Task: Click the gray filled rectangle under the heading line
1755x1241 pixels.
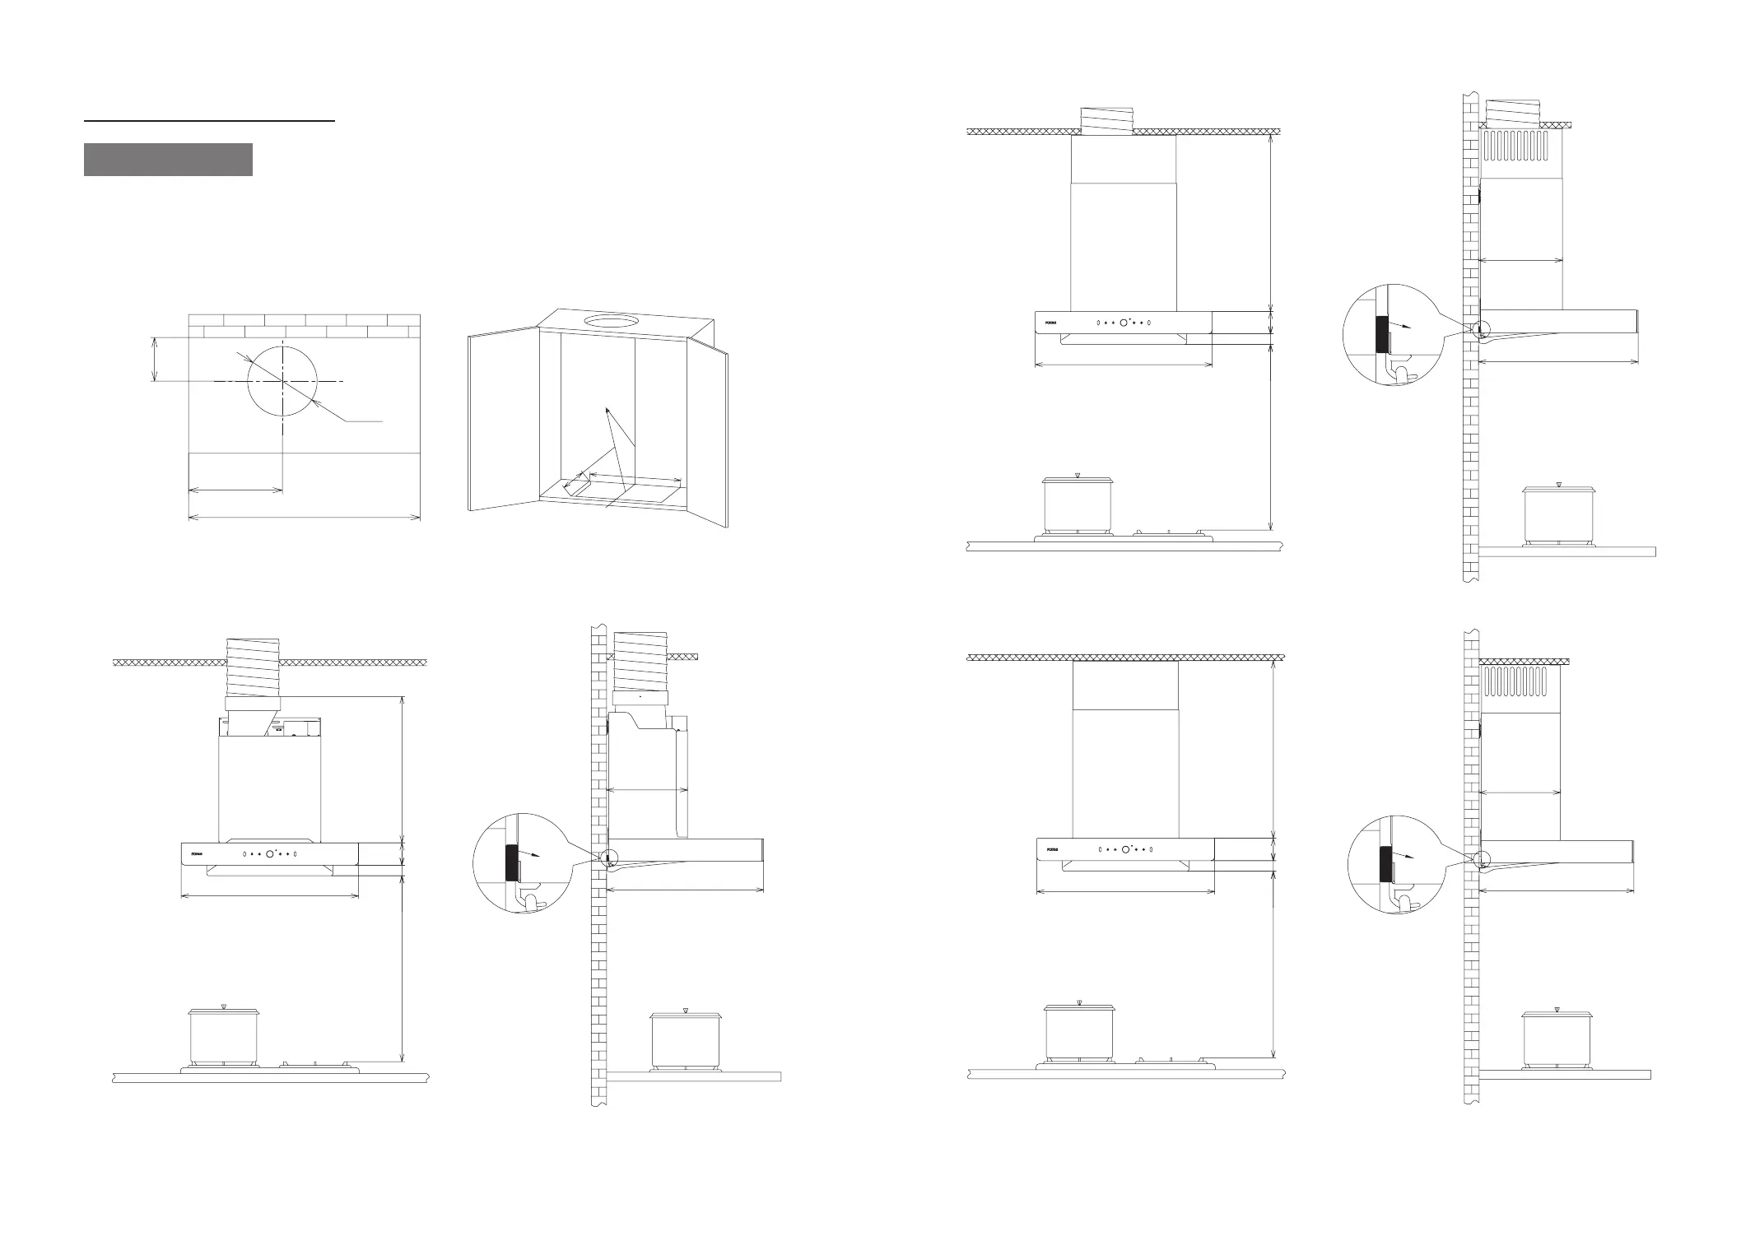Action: pos(168,160)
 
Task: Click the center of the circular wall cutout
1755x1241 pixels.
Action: pos(282,382)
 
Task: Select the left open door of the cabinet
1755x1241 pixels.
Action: pos(503,420)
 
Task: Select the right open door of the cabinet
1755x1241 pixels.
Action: pos(708,428)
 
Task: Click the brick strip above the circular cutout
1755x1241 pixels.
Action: pos(305,326)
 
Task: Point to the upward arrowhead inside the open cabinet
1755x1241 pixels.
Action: pos(607,409)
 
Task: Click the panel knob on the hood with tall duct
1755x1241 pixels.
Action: pos(270,854)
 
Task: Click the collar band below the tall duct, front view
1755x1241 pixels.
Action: pos(253,704)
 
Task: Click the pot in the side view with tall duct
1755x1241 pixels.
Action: pos(686,1039)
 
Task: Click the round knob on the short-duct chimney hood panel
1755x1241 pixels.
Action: pos(1124,323)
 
